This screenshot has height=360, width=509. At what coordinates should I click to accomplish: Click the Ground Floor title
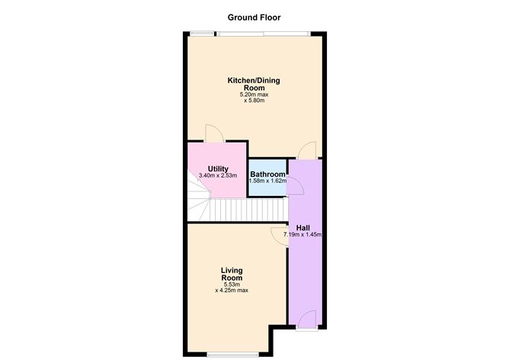(x=254, y=18)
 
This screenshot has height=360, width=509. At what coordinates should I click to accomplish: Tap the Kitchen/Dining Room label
(x=254, y=84)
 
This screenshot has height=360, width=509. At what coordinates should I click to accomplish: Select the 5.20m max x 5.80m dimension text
(x=254, y=98)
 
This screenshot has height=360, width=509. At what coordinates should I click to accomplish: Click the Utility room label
(x=218, y=169)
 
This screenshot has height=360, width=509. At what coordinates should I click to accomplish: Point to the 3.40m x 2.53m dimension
(x=218, y=175)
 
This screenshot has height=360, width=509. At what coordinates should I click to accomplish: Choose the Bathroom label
(x=267, y=174)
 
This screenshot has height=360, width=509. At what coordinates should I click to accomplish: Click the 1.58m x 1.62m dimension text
(x=267, y=181)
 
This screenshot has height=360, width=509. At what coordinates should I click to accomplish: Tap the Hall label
(x=303, y=228)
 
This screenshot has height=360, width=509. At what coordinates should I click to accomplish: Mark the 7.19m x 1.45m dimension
(x=303, y=234)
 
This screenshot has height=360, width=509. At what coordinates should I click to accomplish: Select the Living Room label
(x=232, y=275)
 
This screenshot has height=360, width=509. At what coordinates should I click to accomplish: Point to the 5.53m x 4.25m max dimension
(x=232, y=288)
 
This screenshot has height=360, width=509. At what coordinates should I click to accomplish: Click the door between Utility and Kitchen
(x=214, y=133)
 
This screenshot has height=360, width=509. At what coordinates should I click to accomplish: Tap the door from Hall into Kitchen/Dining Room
(x=307, y=150)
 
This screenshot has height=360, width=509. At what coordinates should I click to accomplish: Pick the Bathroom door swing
(x=295, y=186)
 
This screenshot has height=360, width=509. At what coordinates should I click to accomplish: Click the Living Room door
(x=279, y=237)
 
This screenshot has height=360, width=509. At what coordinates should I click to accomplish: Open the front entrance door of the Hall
(x=307, y=319)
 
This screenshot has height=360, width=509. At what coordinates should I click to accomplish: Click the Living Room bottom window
(x=232, y=355)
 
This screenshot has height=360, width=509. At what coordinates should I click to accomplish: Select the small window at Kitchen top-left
(x=202, y=33)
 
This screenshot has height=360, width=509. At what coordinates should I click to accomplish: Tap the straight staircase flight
(x=248, y=210)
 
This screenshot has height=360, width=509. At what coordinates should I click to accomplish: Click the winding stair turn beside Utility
(x=199, y=200)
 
